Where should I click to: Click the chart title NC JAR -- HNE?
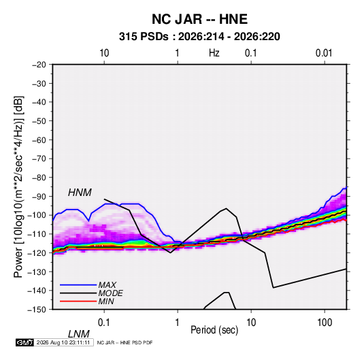point(199,19)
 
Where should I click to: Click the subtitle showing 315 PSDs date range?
point(199,37)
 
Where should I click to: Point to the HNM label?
point(80,193)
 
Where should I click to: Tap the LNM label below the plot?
point(79,334)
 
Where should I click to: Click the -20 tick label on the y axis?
point(39,65)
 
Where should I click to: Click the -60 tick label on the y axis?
point(39,140)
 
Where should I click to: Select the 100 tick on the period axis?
point(325,323)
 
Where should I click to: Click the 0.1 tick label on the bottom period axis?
point(103,323)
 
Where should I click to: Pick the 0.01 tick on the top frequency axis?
point(324,53)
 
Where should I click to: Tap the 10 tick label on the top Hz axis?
point(104,53)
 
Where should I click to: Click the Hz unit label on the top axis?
point(214,53)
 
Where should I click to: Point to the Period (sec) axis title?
point(214,330)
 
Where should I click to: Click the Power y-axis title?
point(18,187)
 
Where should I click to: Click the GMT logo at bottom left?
point(25,342)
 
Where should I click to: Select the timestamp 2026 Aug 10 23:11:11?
point(63,342)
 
